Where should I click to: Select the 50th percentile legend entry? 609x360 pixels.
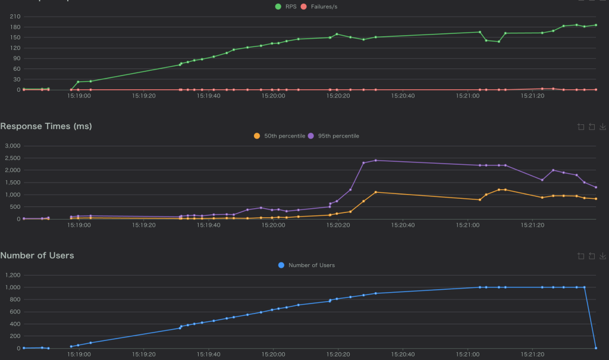pyautogui.click(x=280, y=136)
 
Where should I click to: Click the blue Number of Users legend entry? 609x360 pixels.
pyautogui.click(x=306, y=265)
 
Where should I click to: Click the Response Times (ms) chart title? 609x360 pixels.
pyautogui.click(x=46, y=126)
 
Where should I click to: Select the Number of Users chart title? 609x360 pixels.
pyautogui.click(x=37, y=255)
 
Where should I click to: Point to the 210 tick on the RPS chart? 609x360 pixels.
pyautogui.click(x=13, y=16)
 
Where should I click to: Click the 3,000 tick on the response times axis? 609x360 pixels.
pyautogui.click(x=12, y=146)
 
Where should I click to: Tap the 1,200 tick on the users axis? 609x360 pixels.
pyautogui.click(x=12, y=275)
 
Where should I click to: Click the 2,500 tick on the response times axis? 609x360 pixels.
pyautogui.click(x=12, y=158)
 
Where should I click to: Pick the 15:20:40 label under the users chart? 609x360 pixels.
pyautogui.click(x=403, y=355)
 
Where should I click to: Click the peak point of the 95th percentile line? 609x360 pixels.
pyautogui.click(x=376, y=160)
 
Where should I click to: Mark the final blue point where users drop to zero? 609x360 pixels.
pyautogui.click(x=596, y=348)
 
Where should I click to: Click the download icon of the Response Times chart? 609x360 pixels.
pyautogui.click(x=602, y=126)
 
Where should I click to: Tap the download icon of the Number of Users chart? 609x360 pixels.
pyautogui.click(x=602, y=256)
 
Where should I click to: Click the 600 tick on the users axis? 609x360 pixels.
pyautogui.click(x=14, y=312)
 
